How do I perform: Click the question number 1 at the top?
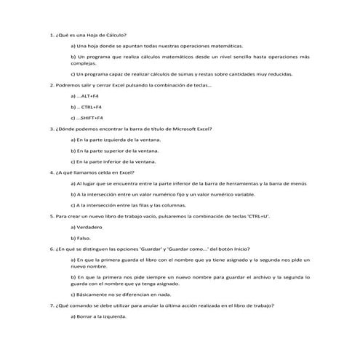click(51, 35)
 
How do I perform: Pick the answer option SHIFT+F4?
click(89, 117)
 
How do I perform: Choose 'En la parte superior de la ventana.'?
click(116, 150)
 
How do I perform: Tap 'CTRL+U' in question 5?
click(258, 216)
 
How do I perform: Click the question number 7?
click(51, 305)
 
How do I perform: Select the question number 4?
click(51, 172)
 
